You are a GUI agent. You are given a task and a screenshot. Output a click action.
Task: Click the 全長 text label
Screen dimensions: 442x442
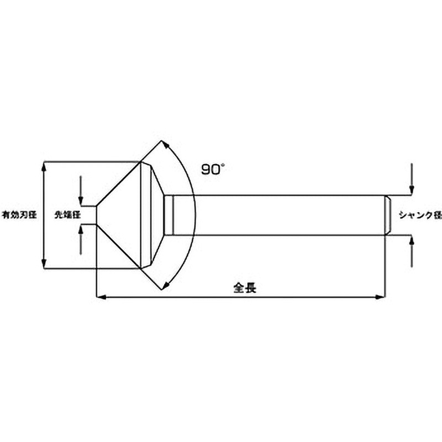coord(242,287)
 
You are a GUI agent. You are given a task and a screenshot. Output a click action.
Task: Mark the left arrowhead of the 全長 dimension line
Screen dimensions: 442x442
coord(100,297)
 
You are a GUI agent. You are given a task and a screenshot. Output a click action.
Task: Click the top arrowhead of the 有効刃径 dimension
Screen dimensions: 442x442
coord(44,164)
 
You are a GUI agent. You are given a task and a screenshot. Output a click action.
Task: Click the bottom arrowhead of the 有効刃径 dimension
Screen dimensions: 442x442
coord(44,265)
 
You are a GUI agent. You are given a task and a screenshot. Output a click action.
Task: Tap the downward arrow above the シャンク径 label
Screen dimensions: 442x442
coord(411,190)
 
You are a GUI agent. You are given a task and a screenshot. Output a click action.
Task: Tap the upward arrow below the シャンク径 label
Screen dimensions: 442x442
coord(411,239)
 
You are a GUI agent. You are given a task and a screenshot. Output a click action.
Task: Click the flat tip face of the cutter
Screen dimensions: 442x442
coord(97,215)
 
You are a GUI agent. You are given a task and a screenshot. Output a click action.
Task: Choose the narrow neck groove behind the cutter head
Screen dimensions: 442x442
coord(171,215)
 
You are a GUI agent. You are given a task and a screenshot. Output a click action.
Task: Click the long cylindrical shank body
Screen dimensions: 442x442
coord(276,215)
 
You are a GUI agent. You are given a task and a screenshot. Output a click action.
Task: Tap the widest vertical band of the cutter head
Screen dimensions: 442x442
coord(146,215)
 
